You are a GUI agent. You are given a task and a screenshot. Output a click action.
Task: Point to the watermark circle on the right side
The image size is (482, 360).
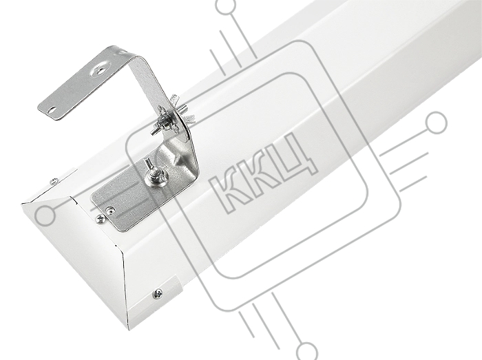click(x=436, y=123)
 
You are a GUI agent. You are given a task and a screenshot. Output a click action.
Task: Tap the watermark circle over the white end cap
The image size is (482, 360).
click(x=45, y=215)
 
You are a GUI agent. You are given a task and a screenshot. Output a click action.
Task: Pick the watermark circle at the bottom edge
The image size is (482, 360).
click(x=306, y=352)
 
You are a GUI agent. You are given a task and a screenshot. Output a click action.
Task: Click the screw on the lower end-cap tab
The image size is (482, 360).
click(x=158, y=294)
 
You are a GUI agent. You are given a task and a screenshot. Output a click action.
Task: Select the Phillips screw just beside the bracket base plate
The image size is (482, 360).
click(x=101, y=219)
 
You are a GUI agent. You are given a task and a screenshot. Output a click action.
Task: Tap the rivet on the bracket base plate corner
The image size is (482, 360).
click(x=109, y=210)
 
